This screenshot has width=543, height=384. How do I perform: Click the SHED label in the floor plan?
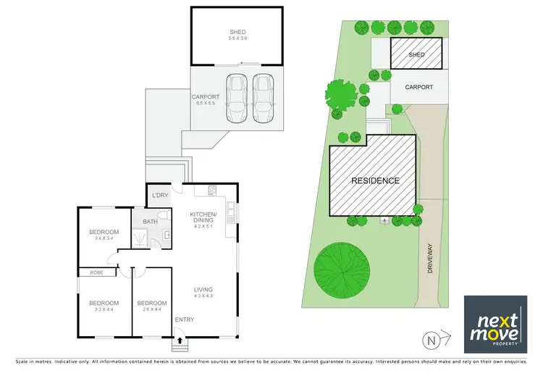[237, 33]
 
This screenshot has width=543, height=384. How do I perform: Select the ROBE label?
[96, 272]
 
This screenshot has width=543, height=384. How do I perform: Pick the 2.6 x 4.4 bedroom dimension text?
[152, 309]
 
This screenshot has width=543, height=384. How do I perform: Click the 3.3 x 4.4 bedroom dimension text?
[104, 309]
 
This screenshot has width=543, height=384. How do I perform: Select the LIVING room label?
[203, 290]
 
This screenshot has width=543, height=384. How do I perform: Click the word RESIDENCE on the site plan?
[375, 180]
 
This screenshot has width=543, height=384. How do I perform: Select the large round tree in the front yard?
[340, 267]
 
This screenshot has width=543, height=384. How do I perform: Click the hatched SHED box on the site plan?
[416, 54]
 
